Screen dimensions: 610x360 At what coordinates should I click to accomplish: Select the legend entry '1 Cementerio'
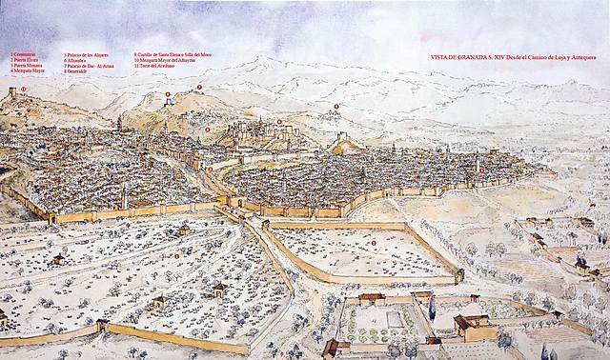pyautogui.click(x=24, y=54)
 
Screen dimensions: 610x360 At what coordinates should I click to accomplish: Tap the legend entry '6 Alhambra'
pyautogui.click(x=76, y=60)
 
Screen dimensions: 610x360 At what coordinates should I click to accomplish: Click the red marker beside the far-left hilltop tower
pyautogui.click(x=23, y=89)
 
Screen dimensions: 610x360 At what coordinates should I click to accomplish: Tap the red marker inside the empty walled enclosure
pyautogui.click(x=374, y=243)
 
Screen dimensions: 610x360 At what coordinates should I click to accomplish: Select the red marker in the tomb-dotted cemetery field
pyautogui.click(x=176, y=255)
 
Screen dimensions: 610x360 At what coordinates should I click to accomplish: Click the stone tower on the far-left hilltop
pyautogui.click(x=11, y=93)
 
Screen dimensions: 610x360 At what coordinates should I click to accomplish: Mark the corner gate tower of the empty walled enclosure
pyautogui.click(x=459, y=274)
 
